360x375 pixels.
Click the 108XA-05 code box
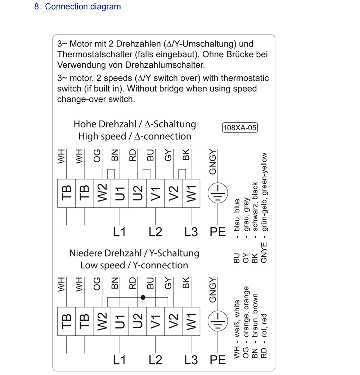tap(240, 128)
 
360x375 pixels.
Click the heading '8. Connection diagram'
tap(77, 6)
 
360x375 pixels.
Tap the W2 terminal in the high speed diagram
tap(102, 193)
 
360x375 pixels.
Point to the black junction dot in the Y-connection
tap(143, 298)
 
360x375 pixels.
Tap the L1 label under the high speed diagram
tap(119, 232)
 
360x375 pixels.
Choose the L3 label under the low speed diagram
tap(191, 360)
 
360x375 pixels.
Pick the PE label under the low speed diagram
tap(217, 360)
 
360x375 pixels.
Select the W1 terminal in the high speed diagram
tap(191, 193)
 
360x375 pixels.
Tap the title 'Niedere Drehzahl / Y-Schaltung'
tap(134, 253)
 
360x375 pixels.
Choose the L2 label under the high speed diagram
tap(155, 232)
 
